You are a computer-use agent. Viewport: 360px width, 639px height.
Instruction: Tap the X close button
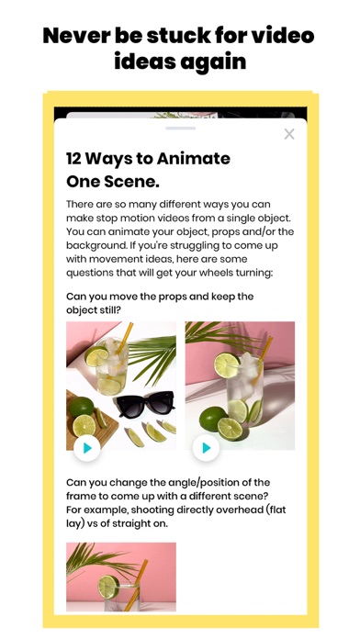pyautogui.click(x=289, y=134)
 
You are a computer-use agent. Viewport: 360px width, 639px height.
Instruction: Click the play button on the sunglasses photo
pyautogui.click(x=87, y=448)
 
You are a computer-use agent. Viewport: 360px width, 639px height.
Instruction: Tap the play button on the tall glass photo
pyautogui.click(x=206, y=448)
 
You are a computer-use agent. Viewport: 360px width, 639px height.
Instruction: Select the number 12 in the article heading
pyautogui.click(x=73, y=159)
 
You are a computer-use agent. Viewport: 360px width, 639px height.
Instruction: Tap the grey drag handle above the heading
pyautogui.click(x=180, y=128)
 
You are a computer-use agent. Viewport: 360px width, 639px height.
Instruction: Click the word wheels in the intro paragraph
pyautogui.click(x=215, y=273)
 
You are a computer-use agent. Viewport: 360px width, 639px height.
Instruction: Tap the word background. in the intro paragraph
pyautogui.click(x=94, y=245)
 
